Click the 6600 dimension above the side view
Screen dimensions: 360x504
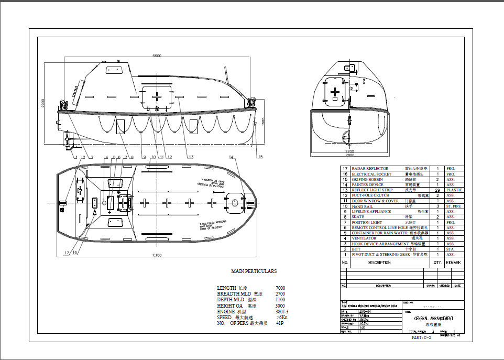157,55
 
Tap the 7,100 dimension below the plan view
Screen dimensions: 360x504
156,255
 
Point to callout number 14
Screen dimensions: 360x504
231,157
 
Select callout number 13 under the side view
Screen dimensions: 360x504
191,157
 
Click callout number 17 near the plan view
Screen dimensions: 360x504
67,253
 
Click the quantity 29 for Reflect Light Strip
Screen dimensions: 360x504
437,190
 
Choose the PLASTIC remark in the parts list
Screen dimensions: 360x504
454,190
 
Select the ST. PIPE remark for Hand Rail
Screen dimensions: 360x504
454,206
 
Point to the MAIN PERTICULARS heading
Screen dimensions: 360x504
254,271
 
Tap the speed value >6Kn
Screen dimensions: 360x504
281,318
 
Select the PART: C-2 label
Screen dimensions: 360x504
421,338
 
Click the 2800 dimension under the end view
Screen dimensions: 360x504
349,155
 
